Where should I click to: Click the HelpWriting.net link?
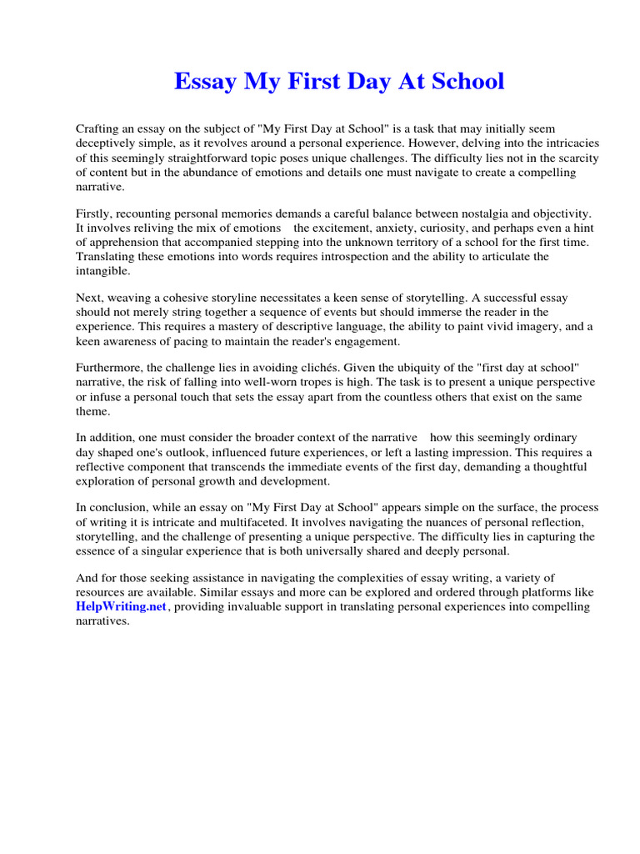click(x=122, y=607)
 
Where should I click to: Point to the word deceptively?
click(x=109, y=143)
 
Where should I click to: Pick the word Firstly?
click(x=95, y=213)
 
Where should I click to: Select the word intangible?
click(x=103, y=271)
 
